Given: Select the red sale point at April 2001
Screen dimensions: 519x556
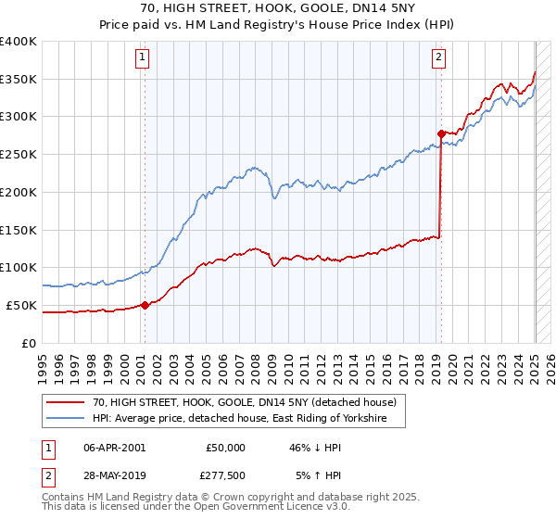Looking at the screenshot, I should pos(145,305).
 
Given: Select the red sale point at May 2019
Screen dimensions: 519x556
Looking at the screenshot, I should pos(441,133).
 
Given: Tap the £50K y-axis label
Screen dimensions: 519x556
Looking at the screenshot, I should pos(22,305).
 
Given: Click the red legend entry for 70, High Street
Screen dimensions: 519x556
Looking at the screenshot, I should pos(245,402).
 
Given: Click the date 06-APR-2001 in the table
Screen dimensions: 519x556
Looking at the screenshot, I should pos(114,448).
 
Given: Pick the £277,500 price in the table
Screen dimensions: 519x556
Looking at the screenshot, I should pos(225,475).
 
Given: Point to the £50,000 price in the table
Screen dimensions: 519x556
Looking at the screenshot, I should pos(225,448).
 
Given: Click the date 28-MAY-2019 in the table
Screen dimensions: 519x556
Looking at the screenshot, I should pos(115,475).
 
